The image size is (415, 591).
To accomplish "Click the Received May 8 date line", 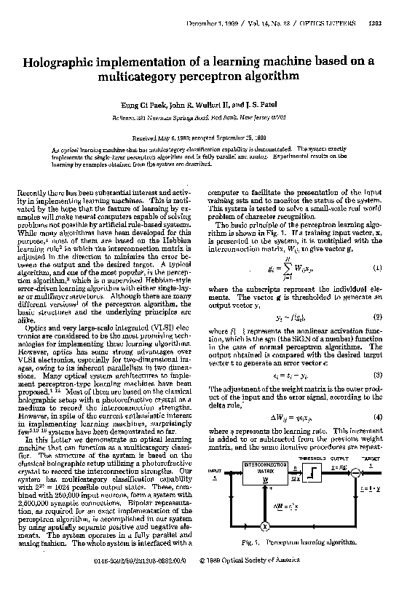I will pyautogui.click(x=207, y=136).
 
